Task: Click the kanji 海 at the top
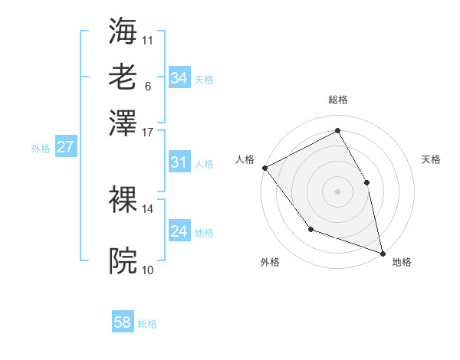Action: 123,31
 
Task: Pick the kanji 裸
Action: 123,199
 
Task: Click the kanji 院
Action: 123,261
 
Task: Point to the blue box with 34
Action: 179,78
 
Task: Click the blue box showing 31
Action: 179,162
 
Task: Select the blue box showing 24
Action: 179,231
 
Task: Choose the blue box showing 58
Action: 123,322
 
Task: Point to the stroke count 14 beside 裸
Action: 148,208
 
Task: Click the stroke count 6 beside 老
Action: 148,86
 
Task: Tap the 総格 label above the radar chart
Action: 338,100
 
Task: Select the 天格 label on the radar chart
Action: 431,159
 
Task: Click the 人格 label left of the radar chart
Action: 245,159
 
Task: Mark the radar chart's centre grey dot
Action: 337,191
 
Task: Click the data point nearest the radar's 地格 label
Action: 382,252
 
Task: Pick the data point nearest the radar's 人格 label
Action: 264,167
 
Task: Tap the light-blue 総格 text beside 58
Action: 147,324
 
